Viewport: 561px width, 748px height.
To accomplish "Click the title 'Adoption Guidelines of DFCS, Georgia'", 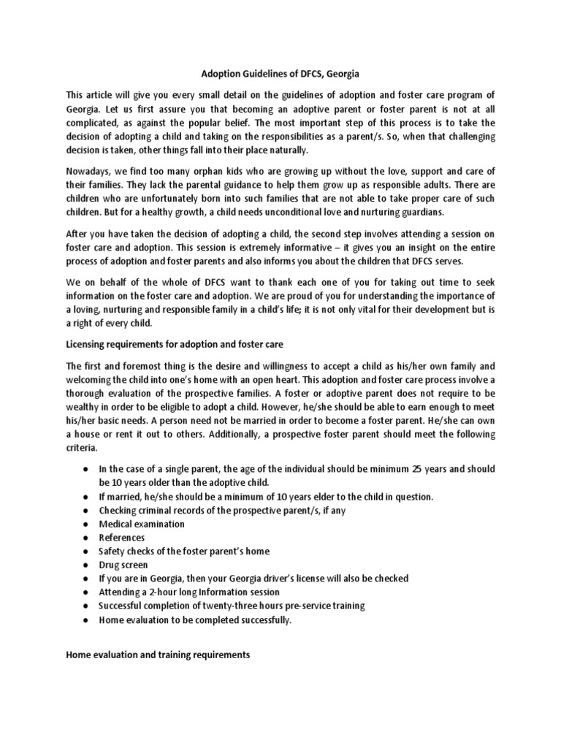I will [x=280, y=74].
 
